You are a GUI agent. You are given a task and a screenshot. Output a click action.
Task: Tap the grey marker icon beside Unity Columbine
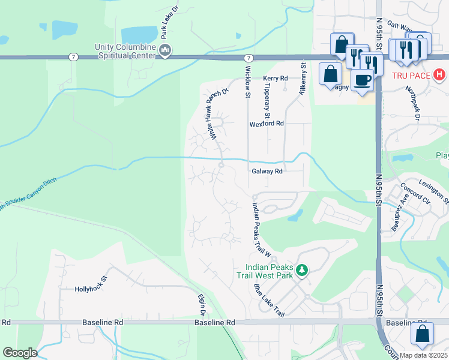[x=165, y=50]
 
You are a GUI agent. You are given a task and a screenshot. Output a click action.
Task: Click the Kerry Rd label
[x=276, y=79]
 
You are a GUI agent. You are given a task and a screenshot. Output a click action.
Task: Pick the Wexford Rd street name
[x=267, y=123]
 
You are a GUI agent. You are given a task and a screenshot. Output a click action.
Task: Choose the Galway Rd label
[x=267, y=171]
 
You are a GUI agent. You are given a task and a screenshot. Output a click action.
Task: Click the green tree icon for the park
[x=303, y=270]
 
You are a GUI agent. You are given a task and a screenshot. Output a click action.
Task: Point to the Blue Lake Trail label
[x=268, y=299]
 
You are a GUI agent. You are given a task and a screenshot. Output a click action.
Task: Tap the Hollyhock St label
[x=90, y=289]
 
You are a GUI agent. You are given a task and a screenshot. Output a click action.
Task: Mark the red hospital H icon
[x=439, y=76]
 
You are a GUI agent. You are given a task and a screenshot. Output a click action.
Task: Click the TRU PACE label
[x=412, y=76]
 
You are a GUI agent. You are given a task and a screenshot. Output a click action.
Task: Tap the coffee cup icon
[x=363, y=80]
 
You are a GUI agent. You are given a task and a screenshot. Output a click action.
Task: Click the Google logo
[x=20, y=353]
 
